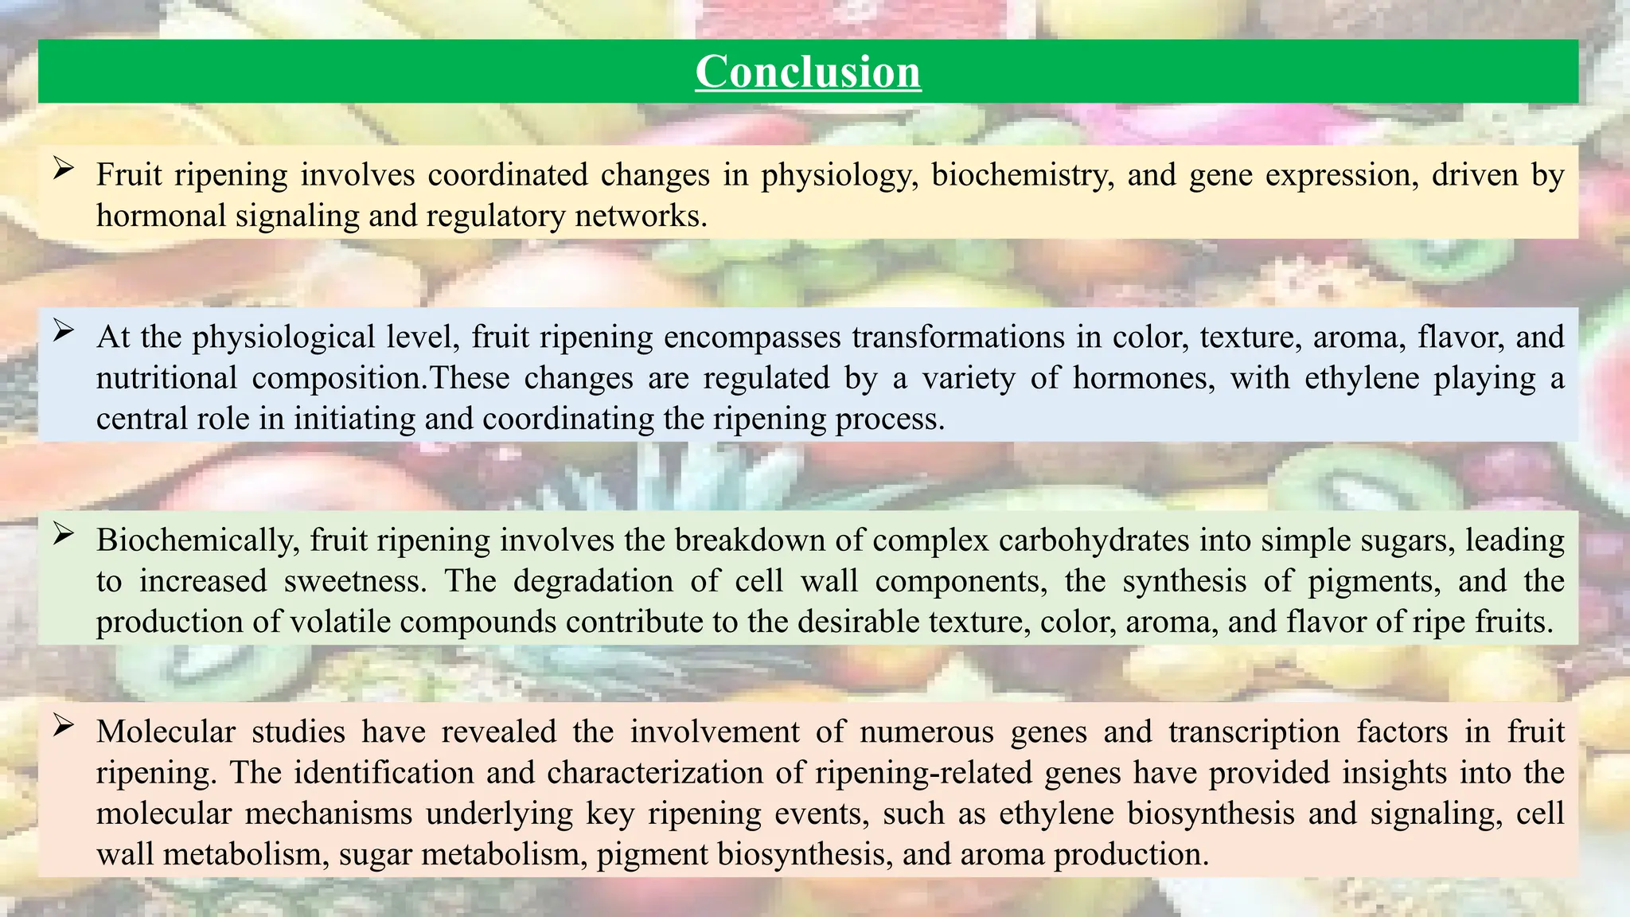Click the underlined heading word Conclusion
tap(808, 72)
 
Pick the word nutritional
tap(166, 378)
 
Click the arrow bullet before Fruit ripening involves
tap(64, 169)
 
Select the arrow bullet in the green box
tap(64, 534)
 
